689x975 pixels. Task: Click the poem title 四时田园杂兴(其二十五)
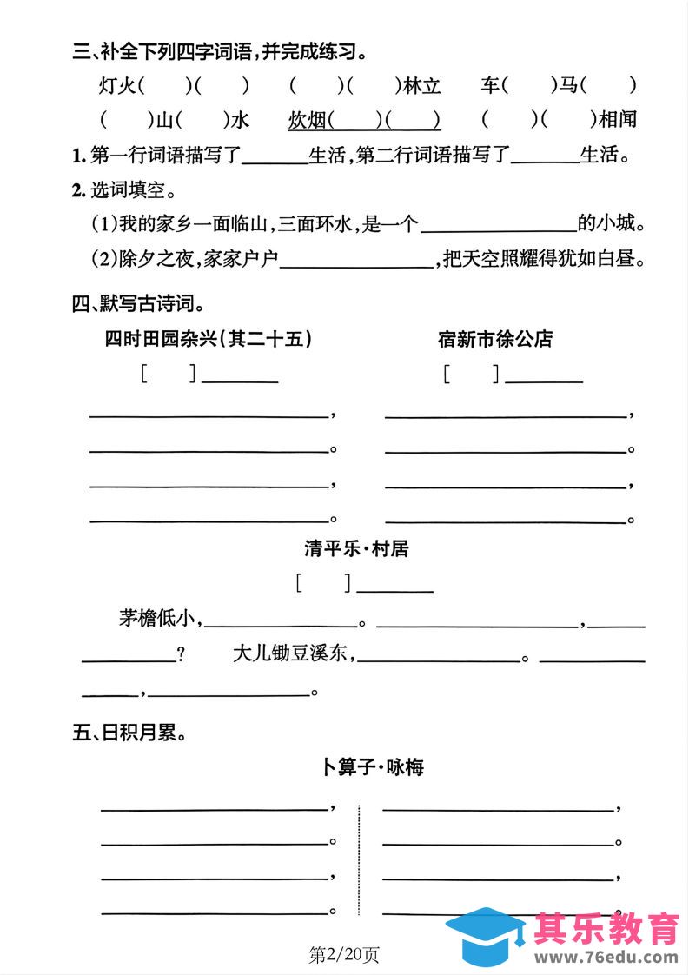(x=208, y=339)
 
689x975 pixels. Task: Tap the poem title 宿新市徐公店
(x=495, y=339)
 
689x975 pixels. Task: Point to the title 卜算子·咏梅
(x=373, y=767)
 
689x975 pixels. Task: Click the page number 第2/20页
(x=344, y=955)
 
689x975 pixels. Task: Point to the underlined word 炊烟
(x=308, y=120)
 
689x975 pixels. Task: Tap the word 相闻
(x=618, y=120)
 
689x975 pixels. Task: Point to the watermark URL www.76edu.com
(x=606, y=958)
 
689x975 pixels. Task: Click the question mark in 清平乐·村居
(x=181, y=655)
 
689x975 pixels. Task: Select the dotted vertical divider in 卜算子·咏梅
(x=359, y=860)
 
